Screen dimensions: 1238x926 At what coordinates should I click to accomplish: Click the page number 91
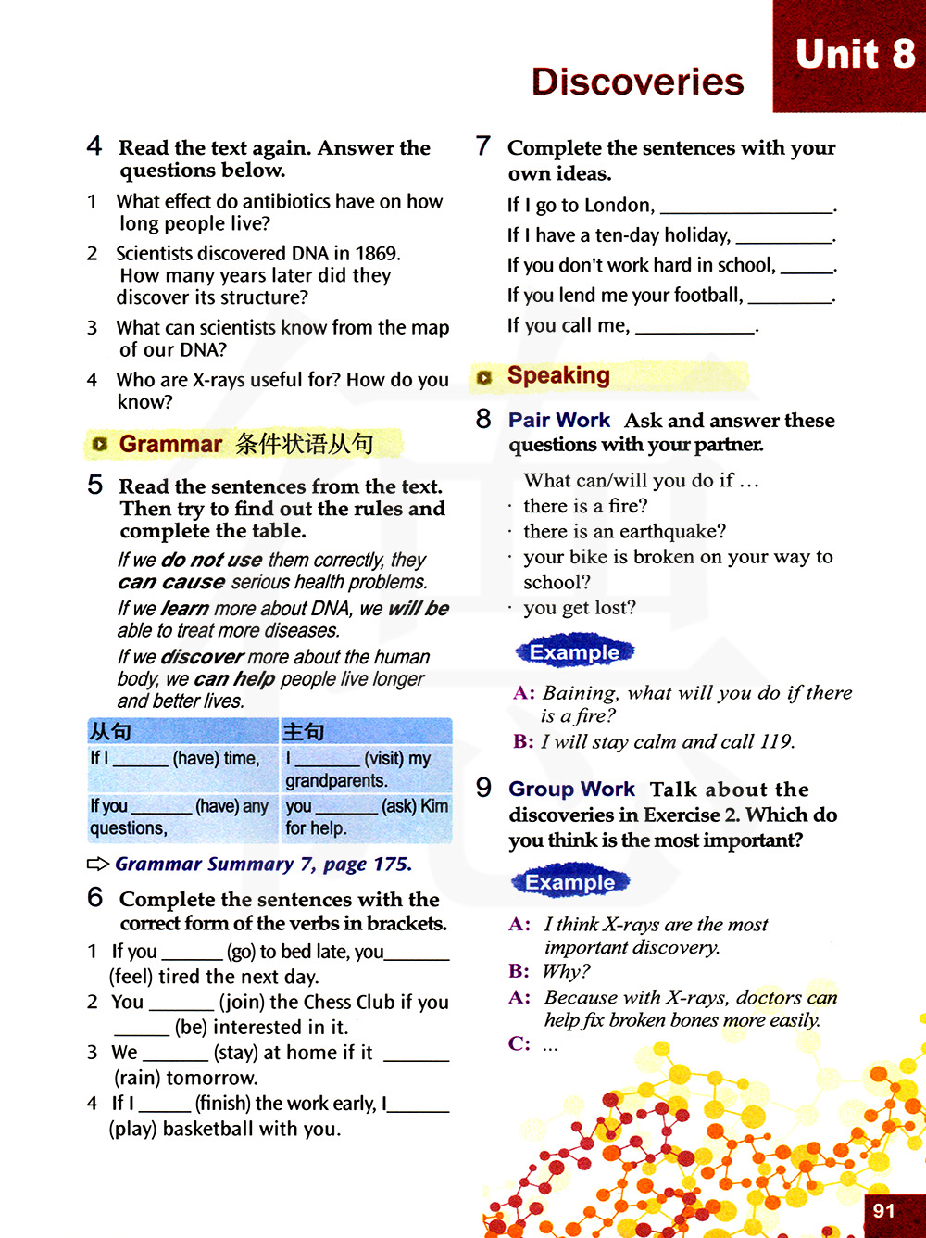pyautogui.click(x=884, y=1210)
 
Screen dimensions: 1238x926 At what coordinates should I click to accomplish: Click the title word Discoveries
pyautogui.click(x=637, y=82)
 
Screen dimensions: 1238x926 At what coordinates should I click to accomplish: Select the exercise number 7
pyautogui.click(x=482, y=145)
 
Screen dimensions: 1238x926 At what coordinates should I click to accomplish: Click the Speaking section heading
pyautogui.click(x=558, y=375)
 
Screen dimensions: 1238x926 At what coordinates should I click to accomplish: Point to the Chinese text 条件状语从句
pyautogui.click(x=305, y=444)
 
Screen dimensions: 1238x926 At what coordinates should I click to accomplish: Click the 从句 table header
pyautogui.click(x=110, y=732)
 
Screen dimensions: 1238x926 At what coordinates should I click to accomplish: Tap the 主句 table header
pyautogui.click(x=304, y=732)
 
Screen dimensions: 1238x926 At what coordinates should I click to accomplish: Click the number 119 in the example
pyautogui.click(x=775, y=741)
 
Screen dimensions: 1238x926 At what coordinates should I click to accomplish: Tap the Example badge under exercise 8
pyautogui.click(x=574, y=652)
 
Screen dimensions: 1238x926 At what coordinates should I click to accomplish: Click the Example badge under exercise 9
pyautogui.click(x=569, y=882)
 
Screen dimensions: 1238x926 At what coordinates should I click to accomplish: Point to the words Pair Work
pyautogui.click(x=559, y=421)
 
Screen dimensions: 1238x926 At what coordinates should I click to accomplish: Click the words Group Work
pyautogui.click(x=571, y=790)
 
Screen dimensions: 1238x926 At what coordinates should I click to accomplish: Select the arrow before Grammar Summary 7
pyautogui.click(x=98, y=864)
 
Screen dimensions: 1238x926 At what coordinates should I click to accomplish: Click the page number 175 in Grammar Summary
pyautogui.click(x=391, y=864)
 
